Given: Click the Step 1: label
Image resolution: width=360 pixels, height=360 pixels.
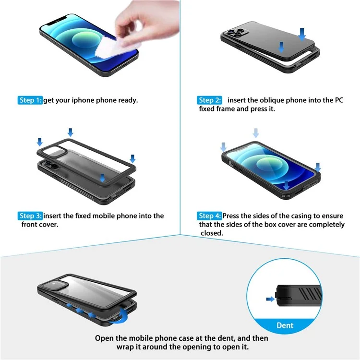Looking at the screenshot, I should click(x=30, y=100).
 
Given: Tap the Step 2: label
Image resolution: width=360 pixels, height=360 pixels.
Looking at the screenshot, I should click(x=210, y=100).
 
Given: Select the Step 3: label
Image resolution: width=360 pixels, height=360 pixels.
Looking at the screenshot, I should click(x=30, y=216).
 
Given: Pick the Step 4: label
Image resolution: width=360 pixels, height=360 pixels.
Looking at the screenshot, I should click(x=210, y=216).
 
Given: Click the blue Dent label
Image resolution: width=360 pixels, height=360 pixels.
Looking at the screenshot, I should click(x=285, y=325).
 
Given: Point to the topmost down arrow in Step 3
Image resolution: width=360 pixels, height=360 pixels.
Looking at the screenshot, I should click(x=71, y=132).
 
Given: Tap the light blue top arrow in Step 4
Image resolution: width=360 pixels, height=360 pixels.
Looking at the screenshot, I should click(x=256, y=132).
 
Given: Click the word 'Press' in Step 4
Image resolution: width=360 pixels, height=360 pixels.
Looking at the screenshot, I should click(x=234, y=216).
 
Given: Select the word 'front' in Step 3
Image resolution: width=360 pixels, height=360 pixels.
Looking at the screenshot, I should click(x=30, y=224).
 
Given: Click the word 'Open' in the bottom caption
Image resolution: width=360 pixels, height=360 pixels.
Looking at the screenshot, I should click(x=104, y=338).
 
